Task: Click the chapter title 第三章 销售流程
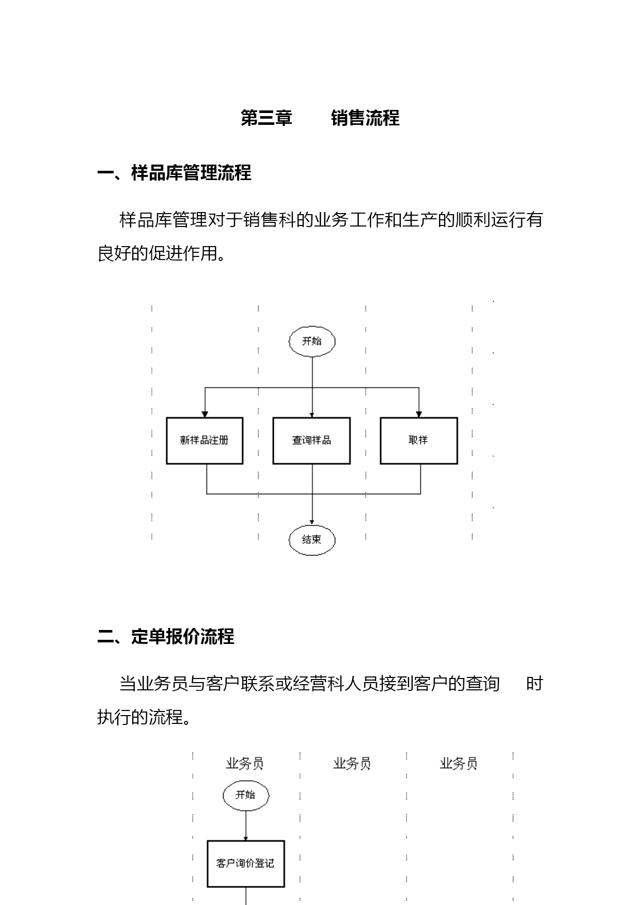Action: (x=320, y=118)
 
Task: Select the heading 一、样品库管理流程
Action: (x=174, y=173)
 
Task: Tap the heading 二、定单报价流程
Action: (x=165, y=637)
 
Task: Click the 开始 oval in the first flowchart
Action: (x=312, y=341)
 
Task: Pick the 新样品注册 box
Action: (x=205, y=441)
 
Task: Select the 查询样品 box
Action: (x=311, y=441)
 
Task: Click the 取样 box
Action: (x=419, y=441)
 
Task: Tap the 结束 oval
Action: (x=312, y=540)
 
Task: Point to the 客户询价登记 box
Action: (x=246, y=864)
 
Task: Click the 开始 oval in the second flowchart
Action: (x=246, y=795)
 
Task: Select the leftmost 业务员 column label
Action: (x=245, y=764)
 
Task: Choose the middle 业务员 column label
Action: (x=352, y=764)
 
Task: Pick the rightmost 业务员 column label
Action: (x=459, y=764)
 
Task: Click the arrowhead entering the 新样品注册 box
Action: (x=205, y=414)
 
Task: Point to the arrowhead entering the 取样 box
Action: (x=419, y=414)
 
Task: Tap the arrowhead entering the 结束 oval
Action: (x=312, y=522)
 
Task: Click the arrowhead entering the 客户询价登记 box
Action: (x=246, y=838)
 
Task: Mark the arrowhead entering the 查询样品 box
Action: (x=312, y=415)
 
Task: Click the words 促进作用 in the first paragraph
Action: (x=183, y=253)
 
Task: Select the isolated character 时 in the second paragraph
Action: (x=535, y=684)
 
